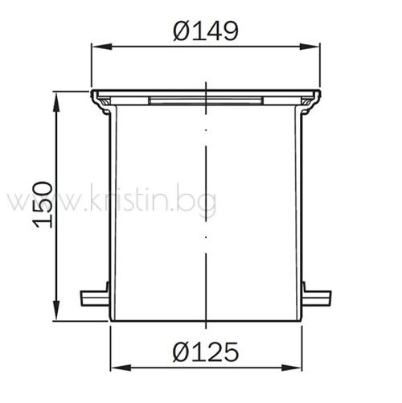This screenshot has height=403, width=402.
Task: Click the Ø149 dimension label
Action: [206, 31]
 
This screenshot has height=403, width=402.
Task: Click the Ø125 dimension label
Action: [206, 351]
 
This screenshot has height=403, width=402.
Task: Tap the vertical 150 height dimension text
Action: [43, 205]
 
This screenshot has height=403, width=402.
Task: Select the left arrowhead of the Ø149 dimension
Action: [101, 47]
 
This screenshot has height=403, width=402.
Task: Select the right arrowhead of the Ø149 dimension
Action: [309, 47]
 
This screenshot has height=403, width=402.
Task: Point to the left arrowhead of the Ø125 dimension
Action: [121, 368]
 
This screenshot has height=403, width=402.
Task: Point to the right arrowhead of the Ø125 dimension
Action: [291, 368]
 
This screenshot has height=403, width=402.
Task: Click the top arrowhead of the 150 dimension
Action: [56, 102]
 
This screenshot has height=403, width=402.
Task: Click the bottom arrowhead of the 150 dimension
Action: [56, 310]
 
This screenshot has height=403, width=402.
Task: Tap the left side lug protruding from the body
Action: [94, 298]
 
